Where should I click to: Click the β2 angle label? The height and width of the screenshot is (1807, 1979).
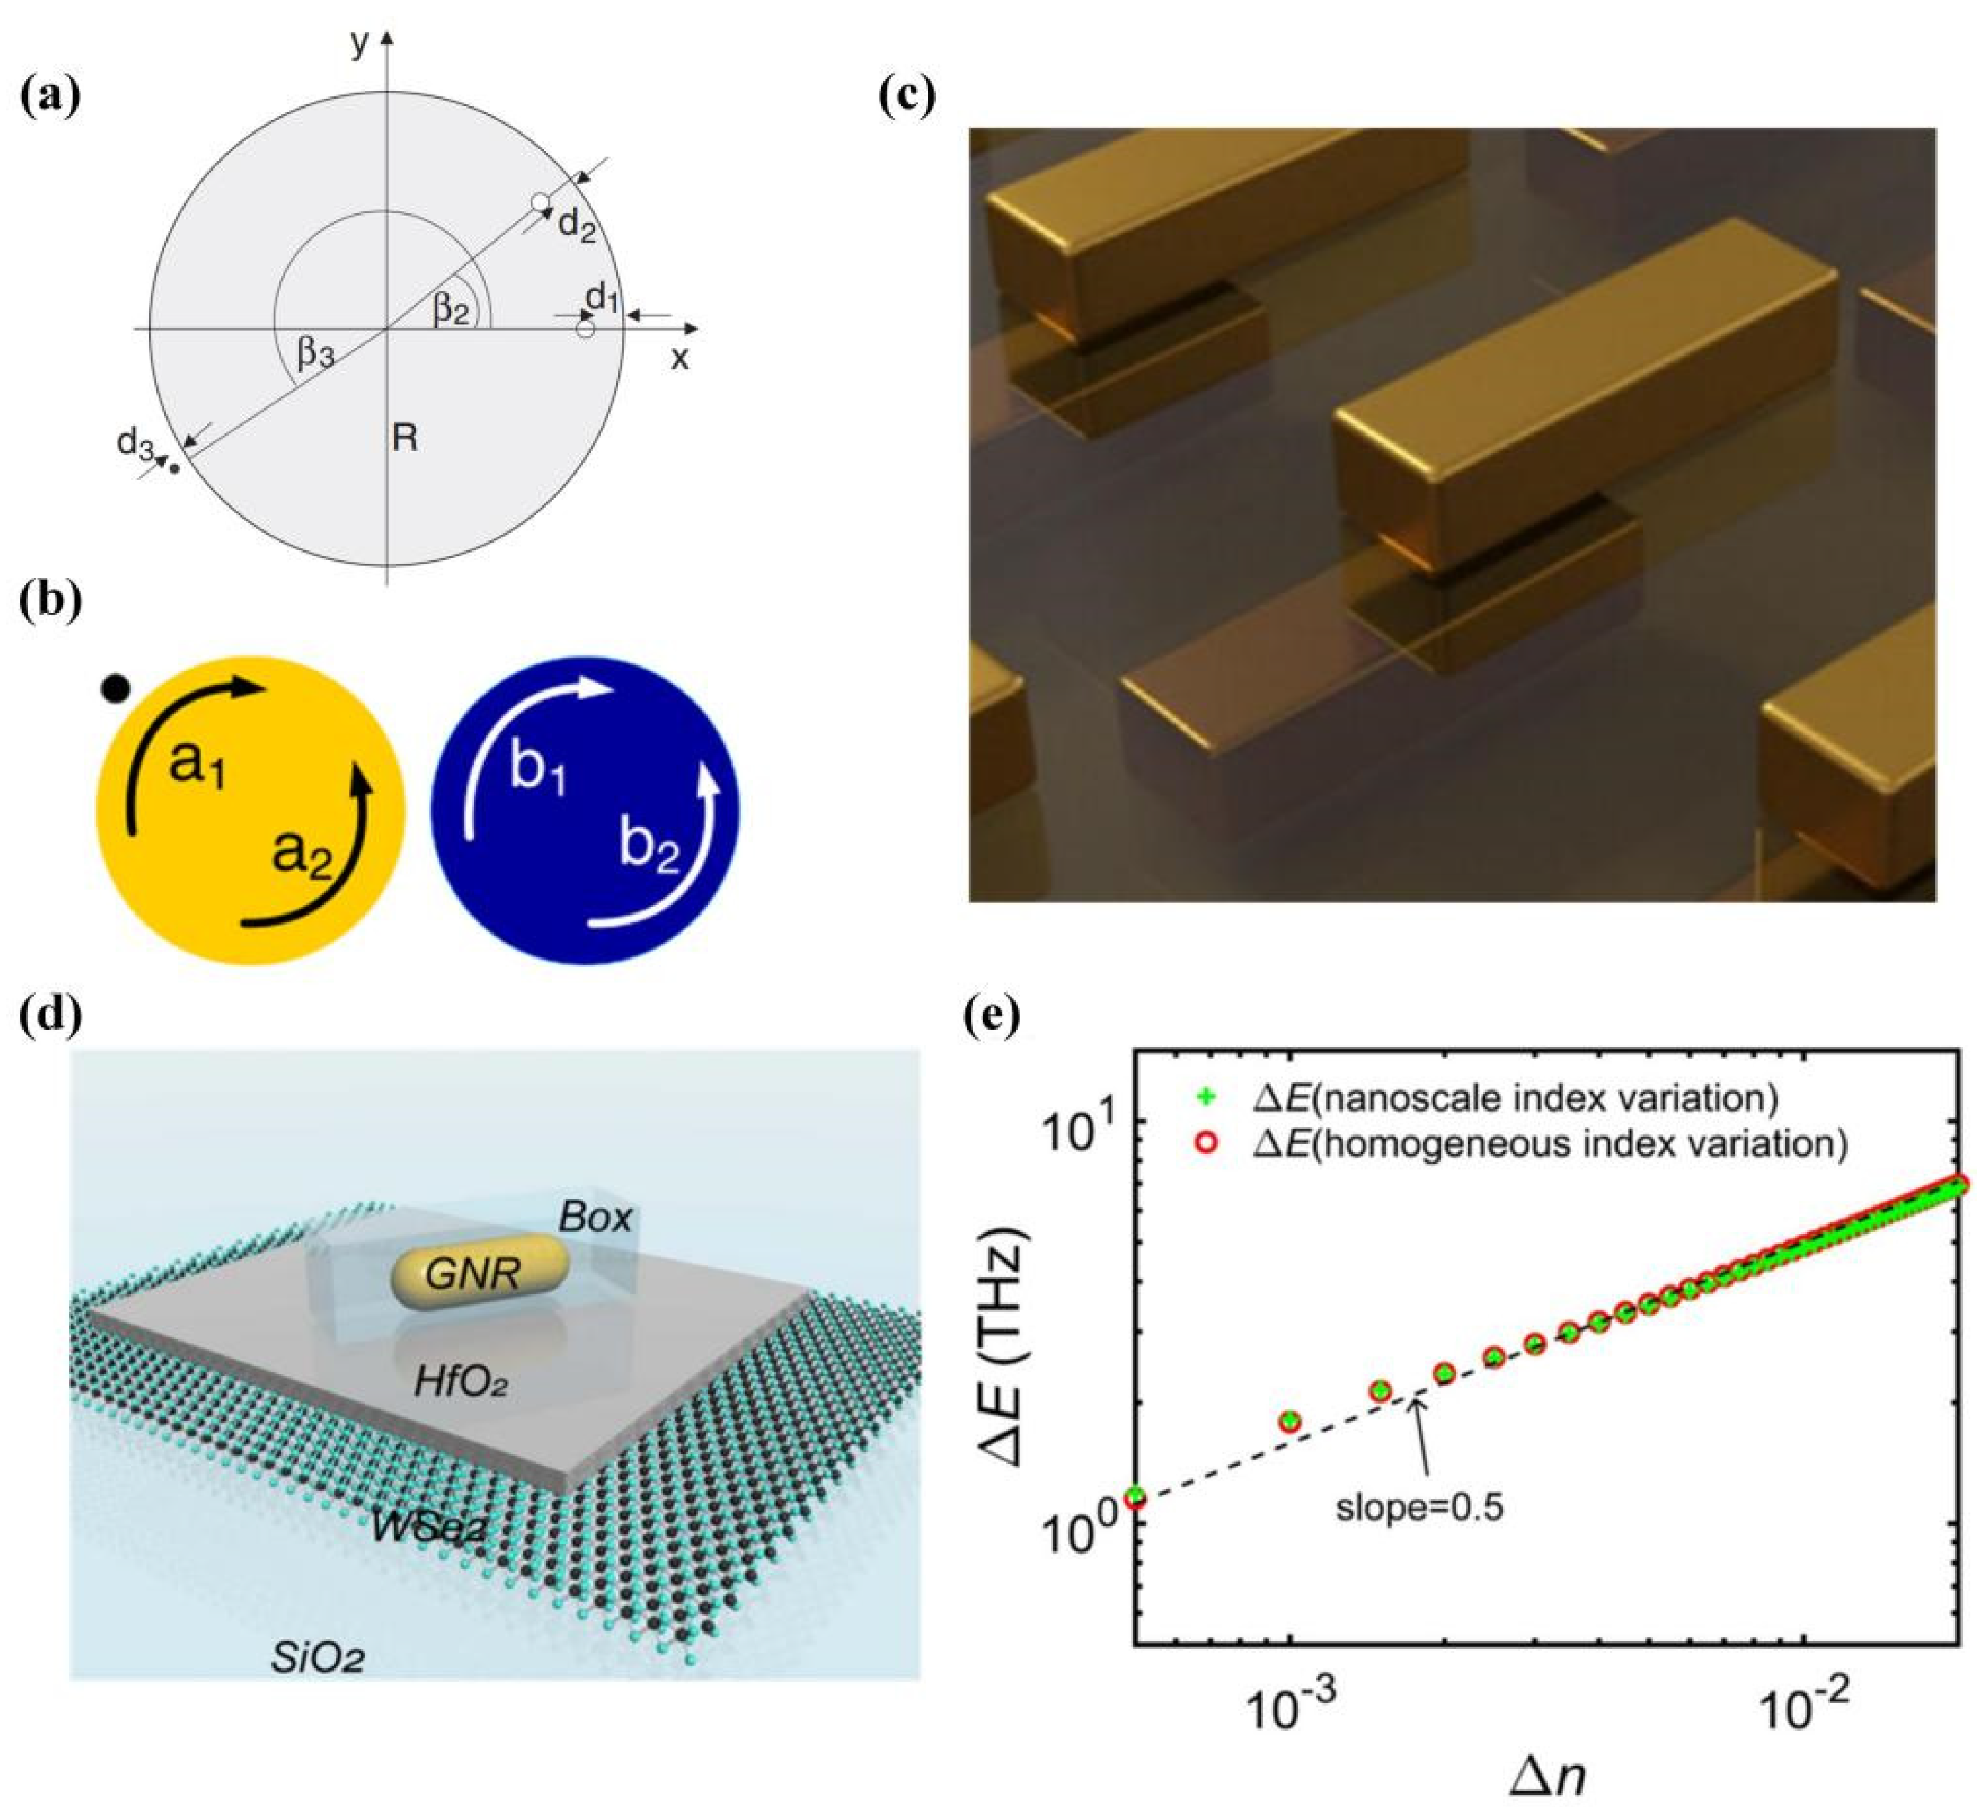point(451,310)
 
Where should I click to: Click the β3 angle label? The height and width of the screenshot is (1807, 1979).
point(314,351)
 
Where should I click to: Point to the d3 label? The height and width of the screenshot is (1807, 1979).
point(136,443)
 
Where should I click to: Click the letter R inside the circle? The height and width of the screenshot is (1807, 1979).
point(404,438)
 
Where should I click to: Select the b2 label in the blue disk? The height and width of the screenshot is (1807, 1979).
point(650,845)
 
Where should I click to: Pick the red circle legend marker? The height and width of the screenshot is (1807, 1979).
point(1209,1142)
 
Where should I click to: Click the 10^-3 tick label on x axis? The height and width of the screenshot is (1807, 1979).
point(1289,1712)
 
